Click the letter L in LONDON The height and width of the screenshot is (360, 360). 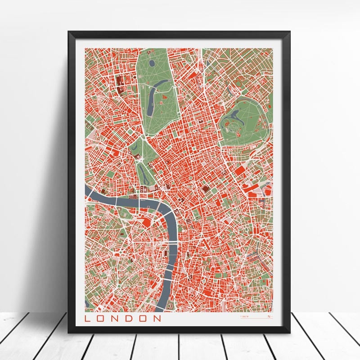point(88,319)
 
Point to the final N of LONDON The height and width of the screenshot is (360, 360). point(157,319)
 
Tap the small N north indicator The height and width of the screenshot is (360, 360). point(269,317)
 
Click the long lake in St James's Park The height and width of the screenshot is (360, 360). point(143,171)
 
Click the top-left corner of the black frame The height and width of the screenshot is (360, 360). point(69,32)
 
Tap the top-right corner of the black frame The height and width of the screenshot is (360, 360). point(289,32)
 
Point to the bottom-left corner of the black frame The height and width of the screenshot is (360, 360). point(69,332)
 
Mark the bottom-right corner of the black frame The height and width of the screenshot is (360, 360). point(289,332)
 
